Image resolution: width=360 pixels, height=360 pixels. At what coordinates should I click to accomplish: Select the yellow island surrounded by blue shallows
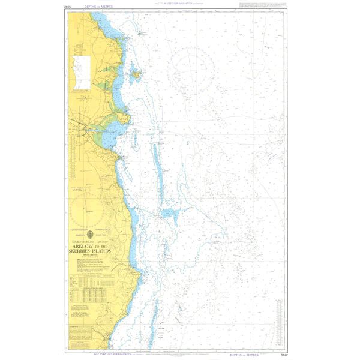(137, 75)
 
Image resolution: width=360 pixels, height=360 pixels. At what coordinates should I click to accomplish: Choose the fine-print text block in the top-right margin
(261, 5)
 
